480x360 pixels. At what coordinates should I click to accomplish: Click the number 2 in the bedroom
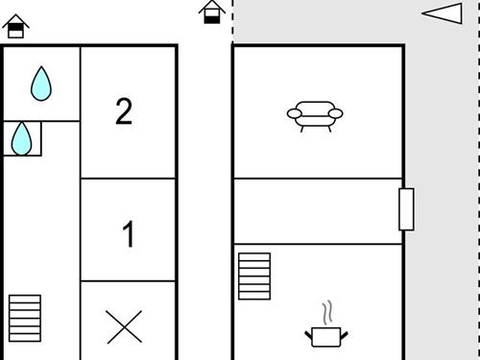(124, 111)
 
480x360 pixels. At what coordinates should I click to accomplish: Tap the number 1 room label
(129, 234)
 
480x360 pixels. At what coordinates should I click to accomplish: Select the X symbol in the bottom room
(124, 327)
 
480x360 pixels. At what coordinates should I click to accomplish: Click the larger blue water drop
(40, 84)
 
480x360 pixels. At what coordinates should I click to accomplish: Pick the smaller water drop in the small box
(21, 139)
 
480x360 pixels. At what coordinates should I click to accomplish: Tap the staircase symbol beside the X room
(26, 316)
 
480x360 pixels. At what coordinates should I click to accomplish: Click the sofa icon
(314, 116)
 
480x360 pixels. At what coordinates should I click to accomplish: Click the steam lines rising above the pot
(327, 313)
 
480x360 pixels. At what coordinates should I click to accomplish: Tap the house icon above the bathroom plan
(16, 26)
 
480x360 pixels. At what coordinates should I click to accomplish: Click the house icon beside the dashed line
(213, 12)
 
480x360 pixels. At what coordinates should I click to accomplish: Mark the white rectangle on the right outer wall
(406, 209)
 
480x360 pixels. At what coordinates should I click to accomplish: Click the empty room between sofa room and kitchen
(317, 211)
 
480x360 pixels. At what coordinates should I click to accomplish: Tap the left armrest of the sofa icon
(293, 114)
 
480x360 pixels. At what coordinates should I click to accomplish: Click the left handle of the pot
(309, 333)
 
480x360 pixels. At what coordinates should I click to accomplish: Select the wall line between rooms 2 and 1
(129, 178)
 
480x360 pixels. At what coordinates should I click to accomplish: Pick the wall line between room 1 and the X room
(129, 281)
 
